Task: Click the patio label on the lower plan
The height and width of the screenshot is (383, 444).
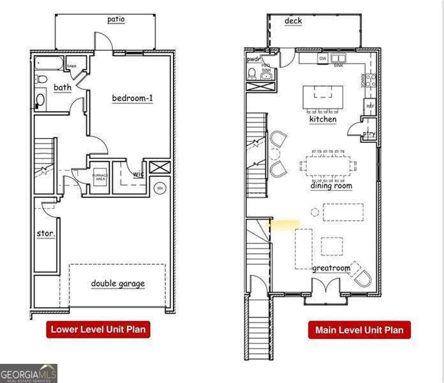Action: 116,19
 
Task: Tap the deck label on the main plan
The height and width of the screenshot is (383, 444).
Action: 293,21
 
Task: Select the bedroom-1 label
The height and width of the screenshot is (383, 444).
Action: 133,98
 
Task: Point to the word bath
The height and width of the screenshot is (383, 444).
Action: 63,87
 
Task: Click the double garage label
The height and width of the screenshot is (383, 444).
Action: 117,283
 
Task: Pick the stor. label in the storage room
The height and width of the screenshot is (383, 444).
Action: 45,234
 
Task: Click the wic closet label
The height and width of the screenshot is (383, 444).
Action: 138,174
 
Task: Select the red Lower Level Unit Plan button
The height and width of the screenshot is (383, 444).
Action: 98,329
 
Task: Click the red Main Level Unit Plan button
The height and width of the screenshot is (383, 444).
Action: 359,330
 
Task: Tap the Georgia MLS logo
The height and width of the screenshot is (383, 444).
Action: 29,373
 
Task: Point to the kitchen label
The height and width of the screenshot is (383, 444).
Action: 323,119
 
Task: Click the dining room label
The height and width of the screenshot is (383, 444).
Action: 331,186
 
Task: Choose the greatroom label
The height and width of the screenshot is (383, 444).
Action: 331,268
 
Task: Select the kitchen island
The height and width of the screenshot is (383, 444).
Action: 323,98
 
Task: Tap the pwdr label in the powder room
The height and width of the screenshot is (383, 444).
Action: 254,59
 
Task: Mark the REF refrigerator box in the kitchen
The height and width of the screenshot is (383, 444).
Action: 369,105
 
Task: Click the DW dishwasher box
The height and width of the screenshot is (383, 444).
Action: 323,58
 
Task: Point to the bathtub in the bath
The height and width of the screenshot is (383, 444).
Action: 49,64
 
